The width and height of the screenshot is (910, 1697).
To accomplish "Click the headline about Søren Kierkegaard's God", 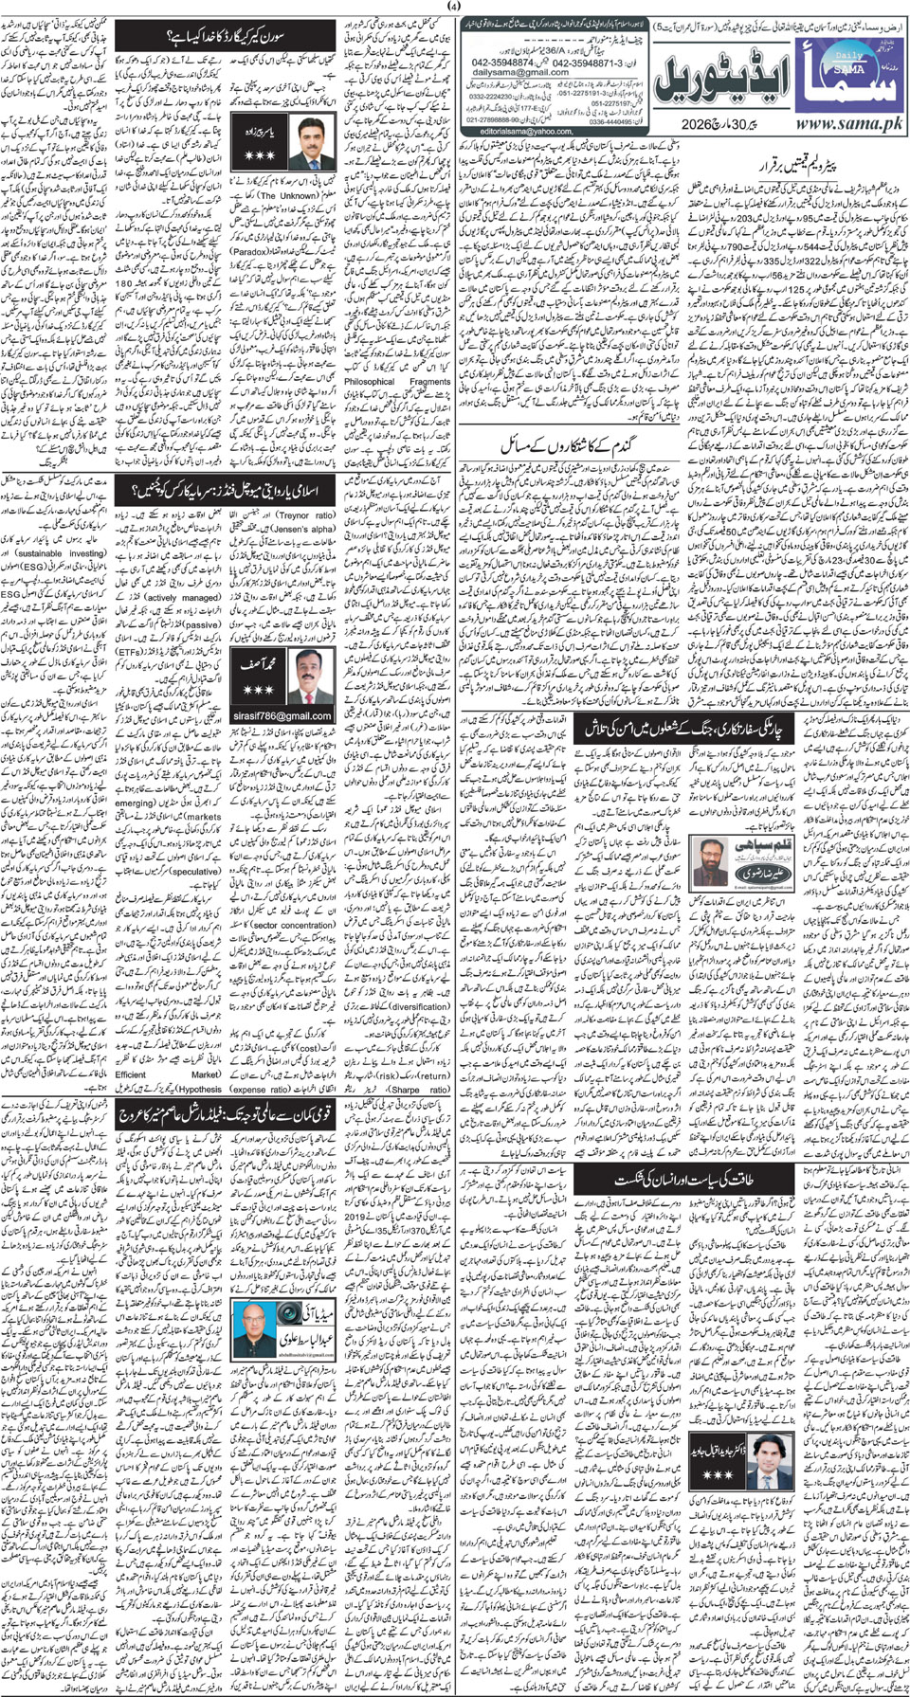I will point(227,38).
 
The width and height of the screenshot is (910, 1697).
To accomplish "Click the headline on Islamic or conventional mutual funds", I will point(227,490).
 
